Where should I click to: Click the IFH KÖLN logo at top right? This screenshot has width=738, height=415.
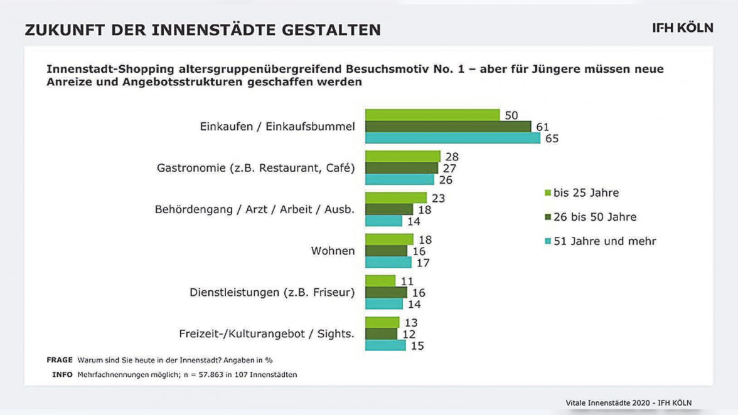click(x=682, y=28)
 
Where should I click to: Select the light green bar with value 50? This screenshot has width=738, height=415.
click(x=432, y=115)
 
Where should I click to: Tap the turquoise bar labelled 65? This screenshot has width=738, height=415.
click(x=452, y=138)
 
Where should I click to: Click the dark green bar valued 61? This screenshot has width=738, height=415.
click(x=448, y=127)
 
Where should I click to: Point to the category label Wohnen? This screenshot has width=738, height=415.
click(x=333, y=251)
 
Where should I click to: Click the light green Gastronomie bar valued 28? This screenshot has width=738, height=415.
click(x=403, y=156)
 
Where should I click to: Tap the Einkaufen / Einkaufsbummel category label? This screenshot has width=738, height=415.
click(x=277, y=127)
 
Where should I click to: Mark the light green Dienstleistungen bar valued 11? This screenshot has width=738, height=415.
click(x=380, y=281)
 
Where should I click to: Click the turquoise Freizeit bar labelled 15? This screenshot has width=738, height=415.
click(x=385, y=345)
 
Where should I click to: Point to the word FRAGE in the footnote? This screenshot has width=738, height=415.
click(x=60, y=360)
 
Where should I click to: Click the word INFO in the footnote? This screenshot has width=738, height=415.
click(x=62, y=375)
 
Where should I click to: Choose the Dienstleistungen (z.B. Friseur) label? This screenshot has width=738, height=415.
click(x=272, y=292)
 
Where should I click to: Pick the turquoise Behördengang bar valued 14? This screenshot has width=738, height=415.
click(x=383, y=221)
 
